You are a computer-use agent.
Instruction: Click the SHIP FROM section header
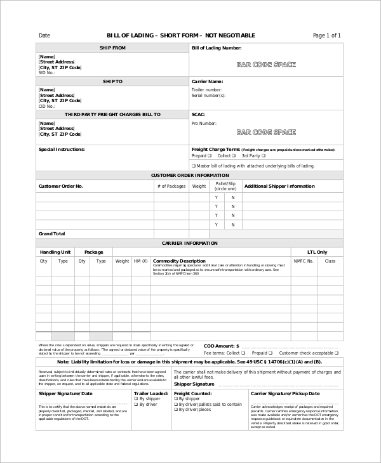[x=112, y=48]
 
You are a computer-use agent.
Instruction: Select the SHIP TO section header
[x=112, y=81]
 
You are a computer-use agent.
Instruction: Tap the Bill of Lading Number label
[x=216, y=48]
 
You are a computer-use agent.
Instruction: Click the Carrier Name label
[x=207, y=81]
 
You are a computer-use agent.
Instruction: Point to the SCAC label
[x=198, y=114]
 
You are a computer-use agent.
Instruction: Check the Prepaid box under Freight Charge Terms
[x=210, y=155]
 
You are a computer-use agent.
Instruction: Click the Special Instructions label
[x=62, y=150]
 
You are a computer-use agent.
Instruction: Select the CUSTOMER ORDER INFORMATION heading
[x=190, y=175]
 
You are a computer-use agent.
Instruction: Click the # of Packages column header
[x=171, y=186]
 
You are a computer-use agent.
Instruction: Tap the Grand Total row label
[x=52, y=233]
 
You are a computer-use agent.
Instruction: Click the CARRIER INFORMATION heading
[x=190, y=243]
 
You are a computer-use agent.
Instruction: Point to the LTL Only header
[x=317, y=252]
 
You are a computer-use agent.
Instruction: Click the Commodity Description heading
[x=180, y=261]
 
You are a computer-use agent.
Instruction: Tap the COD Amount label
[x=220, y=346]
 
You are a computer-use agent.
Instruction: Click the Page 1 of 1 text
[x=327, y=36]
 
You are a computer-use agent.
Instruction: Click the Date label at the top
[x=44, y=36]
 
